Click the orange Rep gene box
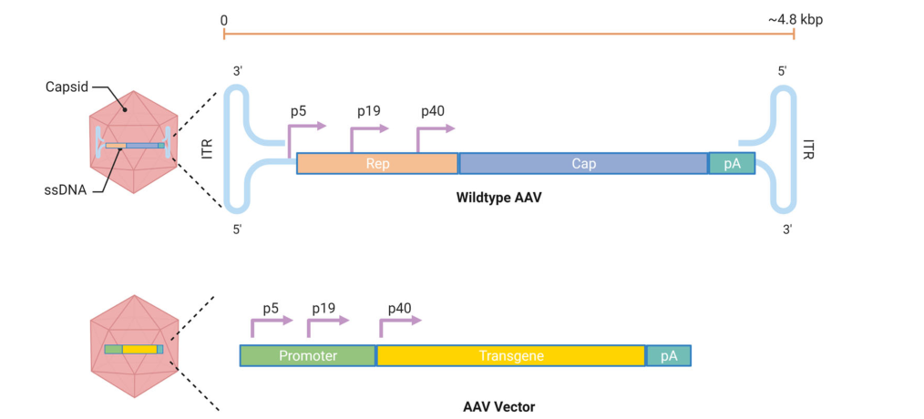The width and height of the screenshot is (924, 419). [376, 163]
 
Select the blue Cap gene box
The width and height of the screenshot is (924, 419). [583, 163]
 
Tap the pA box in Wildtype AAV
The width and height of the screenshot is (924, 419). [732, 163]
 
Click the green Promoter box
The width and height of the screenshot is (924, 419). [307, 355]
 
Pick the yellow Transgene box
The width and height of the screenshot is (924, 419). [511, 355]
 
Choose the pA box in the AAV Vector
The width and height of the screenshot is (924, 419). [669, 355]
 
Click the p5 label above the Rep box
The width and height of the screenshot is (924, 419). [298, 111]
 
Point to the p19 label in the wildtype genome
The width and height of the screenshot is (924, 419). [368, 111]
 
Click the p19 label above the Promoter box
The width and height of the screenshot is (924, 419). [324, 308]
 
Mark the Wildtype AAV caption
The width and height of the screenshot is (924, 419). [498, 198]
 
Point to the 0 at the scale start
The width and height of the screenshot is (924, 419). [223, 18]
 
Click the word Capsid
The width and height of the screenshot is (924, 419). [66, 87]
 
